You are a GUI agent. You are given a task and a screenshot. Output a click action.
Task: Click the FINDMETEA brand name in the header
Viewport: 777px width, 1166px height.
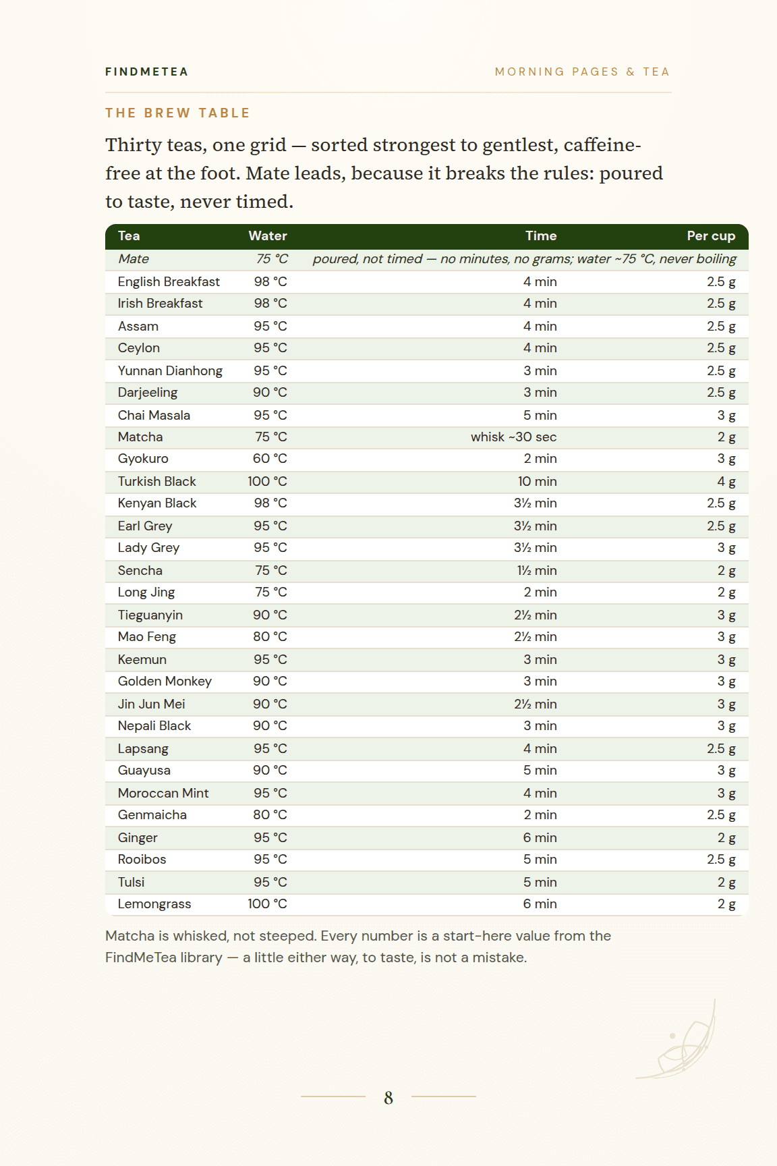click(x=146, y=72)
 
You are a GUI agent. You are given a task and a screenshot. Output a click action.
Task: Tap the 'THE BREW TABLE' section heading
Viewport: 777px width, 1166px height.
click(x=177, y=113)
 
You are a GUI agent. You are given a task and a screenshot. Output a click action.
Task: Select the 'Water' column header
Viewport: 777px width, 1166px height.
click(x=268, y=235)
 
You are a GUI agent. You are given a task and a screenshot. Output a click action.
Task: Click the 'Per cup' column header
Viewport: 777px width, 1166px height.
click(x=711, y=235)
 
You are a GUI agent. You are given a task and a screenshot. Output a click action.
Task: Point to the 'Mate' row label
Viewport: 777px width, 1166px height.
click(x=134, y=258)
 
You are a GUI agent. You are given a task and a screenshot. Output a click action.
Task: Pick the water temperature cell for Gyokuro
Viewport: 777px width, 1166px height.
click(x=270, y=459)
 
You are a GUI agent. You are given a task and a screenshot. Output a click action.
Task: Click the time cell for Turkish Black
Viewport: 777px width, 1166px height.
click(x=538, y=481)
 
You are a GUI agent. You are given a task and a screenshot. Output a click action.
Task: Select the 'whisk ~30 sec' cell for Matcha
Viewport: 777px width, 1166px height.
click(x=514, y=437)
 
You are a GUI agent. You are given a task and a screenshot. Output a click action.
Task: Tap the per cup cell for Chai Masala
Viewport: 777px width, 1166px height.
click(x=726, y=416)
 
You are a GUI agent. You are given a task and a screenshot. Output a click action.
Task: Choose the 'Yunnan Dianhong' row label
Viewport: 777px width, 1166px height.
click(x=170, y=370)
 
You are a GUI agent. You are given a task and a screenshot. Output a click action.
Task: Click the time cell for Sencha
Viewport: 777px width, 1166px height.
click(x=537, y=570)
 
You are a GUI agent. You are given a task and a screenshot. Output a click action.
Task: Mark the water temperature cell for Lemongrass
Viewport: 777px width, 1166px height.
click(x=267, y=904)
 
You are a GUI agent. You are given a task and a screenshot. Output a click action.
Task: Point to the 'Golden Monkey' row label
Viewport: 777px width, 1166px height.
click(x=165, y=682)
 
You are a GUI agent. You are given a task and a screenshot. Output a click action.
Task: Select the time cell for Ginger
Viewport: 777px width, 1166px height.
click(x=540, y=837)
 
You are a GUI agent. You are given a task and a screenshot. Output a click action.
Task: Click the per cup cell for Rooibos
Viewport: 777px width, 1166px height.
click(x=721, y=860)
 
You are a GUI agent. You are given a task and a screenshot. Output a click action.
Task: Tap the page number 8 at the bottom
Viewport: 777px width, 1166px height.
click(x=388, y=1098)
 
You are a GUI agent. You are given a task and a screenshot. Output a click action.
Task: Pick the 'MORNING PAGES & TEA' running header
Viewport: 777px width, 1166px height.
click(x=582, y=72)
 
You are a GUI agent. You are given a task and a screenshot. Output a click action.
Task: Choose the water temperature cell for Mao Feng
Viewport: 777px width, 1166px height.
click(x=270, y=636)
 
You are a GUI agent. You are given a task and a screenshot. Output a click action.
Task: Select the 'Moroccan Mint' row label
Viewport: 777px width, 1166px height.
click(x=163, y=793)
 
